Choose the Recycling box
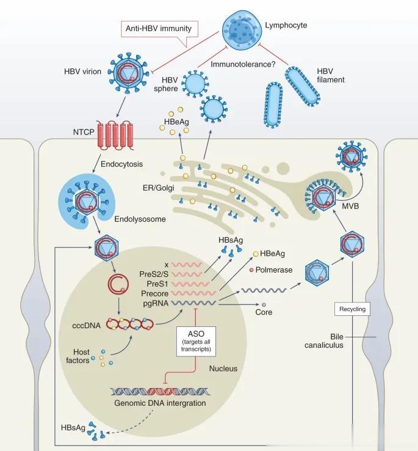(x=353, y=309)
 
